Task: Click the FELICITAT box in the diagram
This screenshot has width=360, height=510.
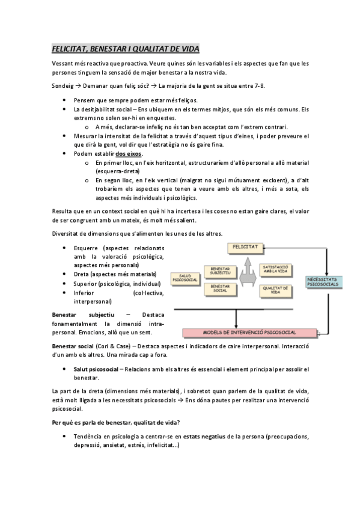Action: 246,247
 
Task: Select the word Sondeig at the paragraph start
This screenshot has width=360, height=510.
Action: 64,85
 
